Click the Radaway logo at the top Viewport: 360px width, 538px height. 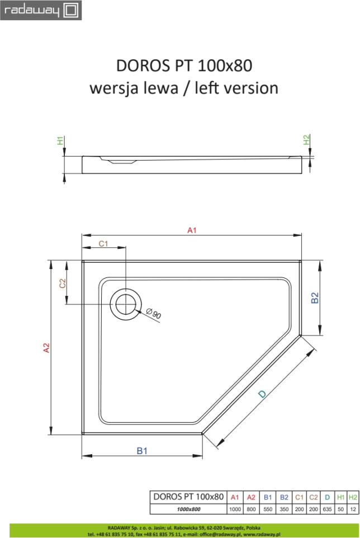(41, 10)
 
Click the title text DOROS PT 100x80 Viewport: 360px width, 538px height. (184, 65)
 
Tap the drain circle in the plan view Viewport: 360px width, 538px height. (126, 304)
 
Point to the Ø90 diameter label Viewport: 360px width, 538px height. (153, 314)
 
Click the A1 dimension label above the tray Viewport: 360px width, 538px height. (192, 230)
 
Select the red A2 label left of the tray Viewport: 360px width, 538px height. (46, 348)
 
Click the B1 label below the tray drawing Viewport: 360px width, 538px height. (142, 451)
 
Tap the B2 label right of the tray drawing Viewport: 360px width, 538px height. (314, 298)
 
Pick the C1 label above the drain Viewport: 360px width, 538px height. (103, 244)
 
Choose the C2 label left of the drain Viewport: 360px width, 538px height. (63, 284)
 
